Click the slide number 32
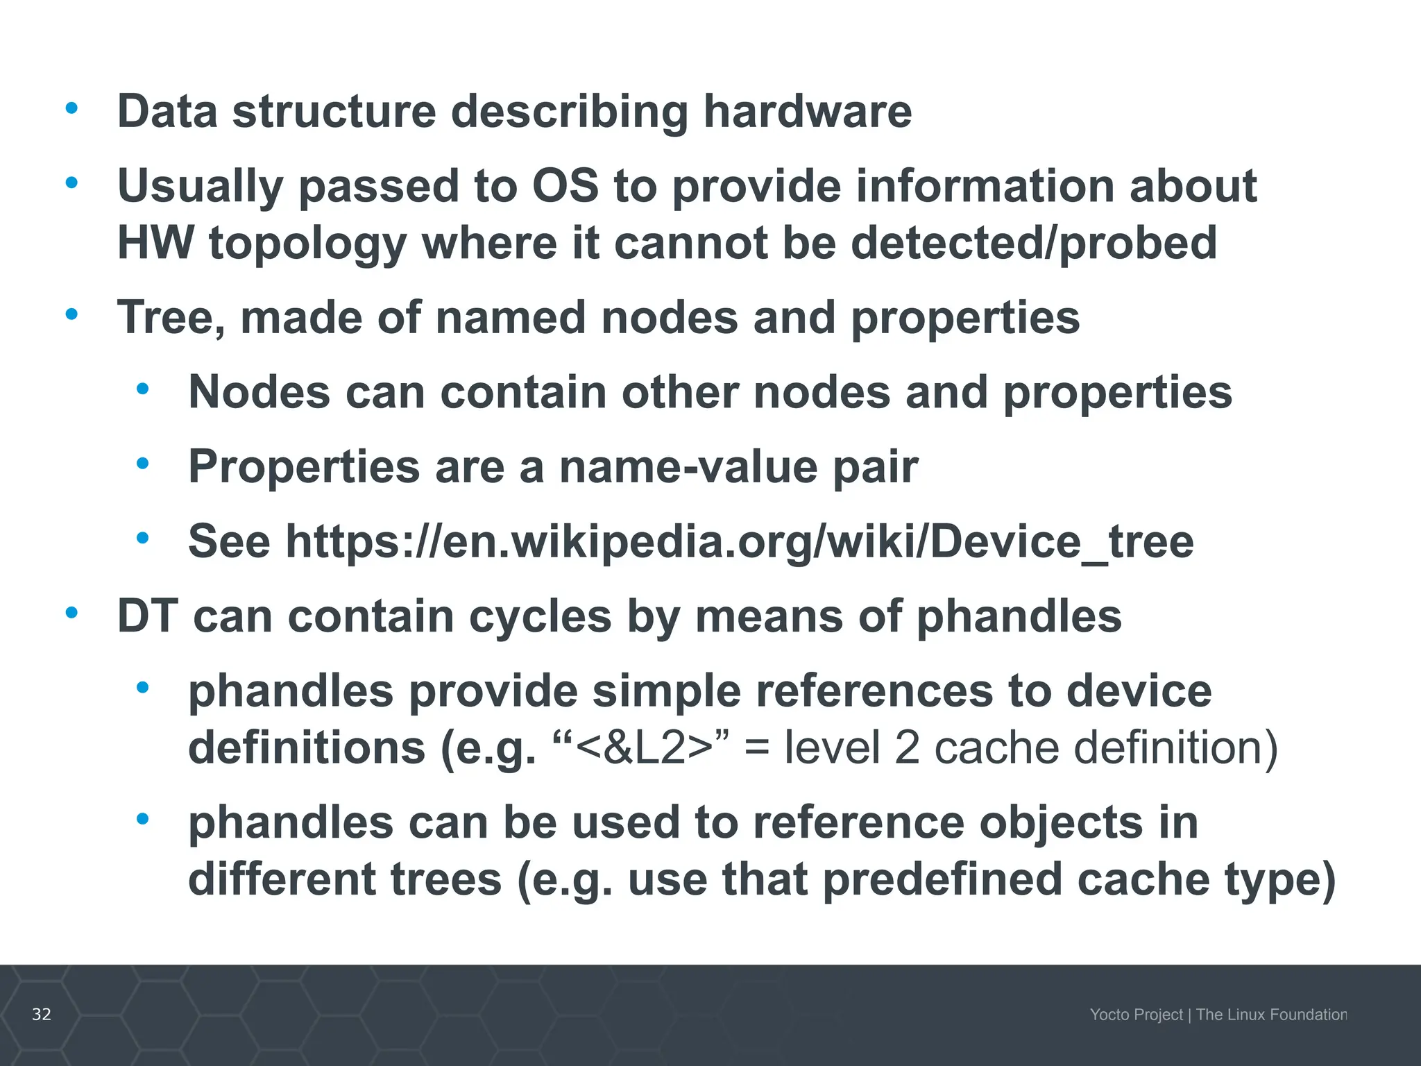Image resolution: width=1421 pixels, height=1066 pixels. point(42,1014)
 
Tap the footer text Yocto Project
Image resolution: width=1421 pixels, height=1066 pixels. point(1136,1015)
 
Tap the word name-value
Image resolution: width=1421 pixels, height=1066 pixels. point(689,466)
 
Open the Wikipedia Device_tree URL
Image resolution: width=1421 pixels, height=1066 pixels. point(740,541)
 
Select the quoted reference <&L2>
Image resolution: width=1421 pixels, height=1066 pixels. point(644,748)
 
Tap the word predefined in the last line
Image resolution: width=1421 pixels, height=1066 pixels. point(941,879)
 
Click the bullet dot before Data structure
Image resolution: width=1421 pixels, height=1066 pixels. point(71,108)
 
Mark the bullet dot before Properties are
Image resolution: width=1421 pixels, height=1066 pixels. point(143,464)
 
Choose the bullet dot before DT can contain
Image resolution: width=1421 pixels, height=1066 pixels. point(71,613)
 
